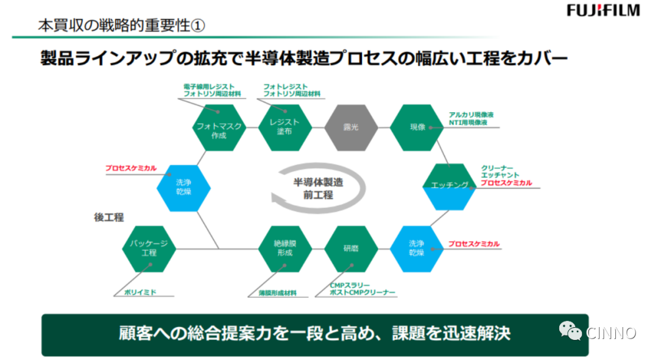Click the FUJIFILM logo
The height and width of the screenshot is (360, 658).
[603, 10]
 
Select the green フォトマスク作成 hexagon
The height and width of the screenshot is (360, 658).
[219, 128]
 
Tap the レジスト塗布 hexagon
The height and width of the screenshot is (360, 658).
[285, 127]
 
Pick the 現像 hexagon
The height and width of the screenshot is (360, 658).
[417, 127]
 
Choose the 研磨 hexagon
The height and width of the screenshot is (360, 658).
[350, 249]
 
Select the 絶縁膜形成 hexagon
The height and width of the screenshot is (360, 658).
[285, 249]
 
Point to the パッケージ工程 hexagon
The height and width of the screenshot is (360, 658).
[149, 249]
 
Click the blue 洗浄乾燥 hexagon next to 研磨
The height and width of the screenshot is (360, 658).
[417, 249]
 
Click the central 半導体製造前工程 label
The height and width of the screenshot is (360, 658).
[317, 189]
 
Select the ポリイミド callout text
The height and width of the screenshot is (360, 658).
[140, 292]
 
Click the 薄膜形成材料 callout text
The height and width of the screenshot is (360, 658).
[272, 293]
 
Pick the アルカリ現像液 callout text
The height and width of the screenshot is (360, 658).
[471, 114]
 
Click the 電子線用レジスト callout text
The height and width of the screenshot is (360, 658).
[208, 87]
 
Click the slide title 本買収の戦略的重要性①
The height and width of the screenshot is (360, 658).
[122, 26]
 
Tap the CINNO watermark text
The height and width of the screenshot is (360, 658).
[610, 333]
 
